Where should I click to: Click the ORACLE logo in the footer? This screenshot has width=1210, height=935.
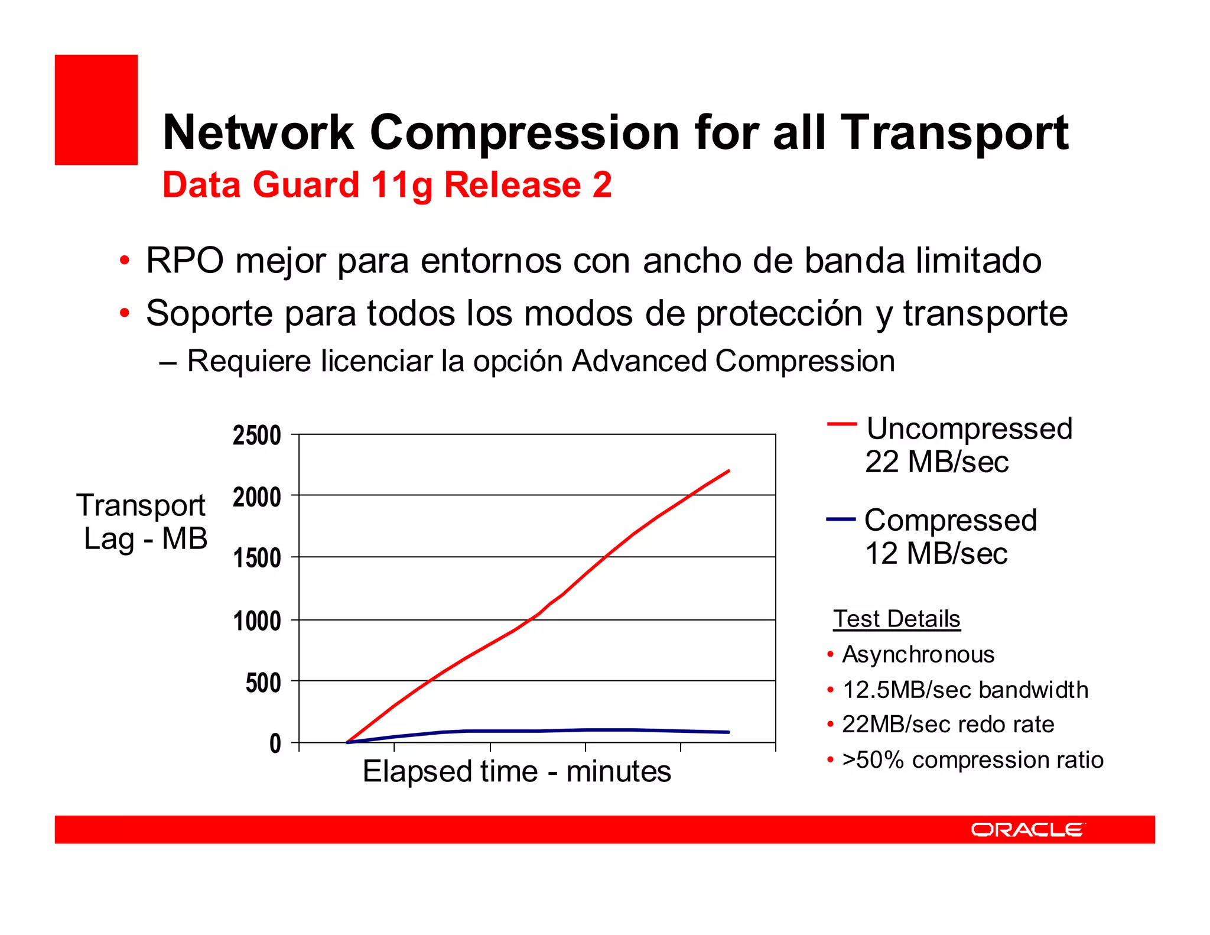(1027, 830)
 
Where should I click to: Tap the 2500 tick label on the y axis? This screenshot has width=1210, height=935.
(257, 436)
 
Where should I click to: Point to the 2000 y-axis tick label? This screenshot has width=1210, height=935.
(257, 498)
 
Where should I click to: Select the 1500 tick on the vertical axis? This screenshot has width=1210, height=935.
(257, 559)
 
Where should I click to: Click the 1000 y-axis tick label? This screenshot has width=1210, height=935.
(257, 621)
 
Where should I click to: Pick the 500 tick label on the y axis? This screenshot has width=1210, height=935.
(263, 683)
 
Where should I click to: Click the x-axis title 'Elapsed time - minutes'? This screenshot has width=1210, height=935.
(516, 771)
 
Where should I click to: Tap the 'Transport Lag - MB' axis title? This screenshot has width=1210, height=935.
(142, 522)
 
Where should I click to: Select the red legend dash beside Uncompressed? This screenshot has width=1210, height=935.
(841, 424)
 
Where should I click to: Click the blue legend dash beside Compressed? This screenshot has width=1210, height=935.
(841, 520)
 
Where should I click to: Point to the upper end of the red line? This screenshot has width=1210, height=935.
(728, 471)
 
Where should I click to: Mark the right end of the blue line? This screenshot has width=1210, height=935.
(728, 732)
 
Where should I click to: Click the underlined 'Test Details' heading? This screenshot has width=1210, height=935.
(896, 619)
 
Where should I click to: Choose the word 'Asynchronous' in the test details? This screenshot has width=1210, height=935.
(918, 655)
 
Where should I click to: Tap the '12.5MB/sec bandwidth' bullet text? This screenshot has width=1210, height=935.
(965, 690)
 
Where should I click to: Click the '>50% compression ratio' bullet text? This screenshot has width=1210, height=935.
(972, 760)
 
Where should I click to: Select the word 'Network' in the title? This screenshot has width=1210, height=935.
(258, 132)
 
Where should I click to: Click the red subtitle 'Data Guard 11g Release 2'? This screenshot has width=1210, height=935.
(387, 184)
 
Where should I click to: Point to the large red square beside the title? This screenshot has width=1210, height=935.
(96, 110)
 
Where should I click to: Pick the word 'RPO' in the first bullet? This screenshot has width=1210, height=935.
(185, 260)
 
